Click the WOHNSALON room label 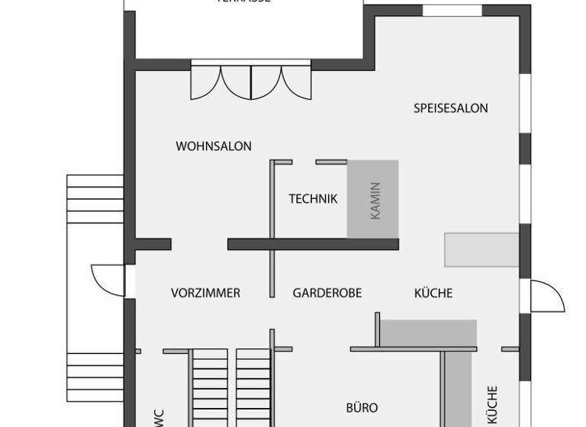click(213, 146)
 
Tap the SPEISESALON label click(450, 108)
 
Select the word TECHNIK click(313, 199)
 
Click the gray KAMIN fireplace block click(373, 199)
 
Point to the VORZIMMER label click(205, 293)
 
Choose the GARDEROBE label click(327, 293)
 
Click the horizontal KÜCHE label click(433, 293)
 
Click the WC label click(159, 417)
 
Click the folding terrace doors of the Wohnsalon click(251, 81)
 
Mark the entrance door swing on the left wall click(108, 280)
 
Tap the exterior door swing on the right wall click(546, 296)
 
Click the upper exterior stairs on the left click(95, 199)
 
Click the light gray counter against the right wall click(481, 250)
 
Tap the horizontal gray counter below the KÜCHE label click(428, 333)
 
